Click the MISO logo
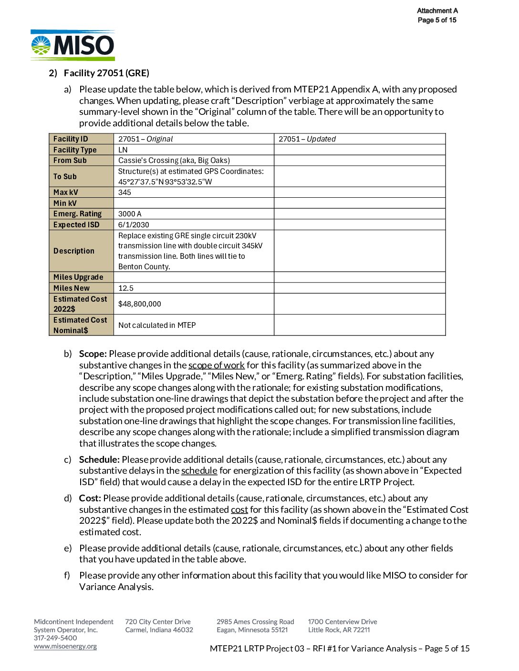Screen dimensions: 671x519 pos(73,46)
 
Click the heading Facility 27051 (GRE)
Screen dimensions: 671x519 pos(106,73)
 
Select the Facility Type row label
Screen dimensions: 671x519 pos(75,150)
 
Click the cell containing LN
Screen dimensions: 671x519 pos(123,150)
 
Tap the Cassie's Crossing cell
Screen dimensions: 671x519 pos(174,161)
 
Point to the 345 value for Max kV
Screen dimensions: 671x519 pos(125,193)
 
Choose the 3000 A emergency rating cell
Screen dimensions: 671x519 pos(130,214)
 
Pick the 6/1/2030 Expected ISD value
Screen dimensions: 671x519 pos(134,225)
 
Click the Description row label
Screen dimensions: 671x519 pos(74,251)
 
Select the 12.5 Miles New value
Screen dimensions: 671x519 pos(126,288)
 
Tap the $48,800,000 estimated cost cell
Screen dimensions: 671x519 pos(140,304)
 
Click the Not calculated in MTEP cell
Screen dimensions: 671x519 pos(157,325)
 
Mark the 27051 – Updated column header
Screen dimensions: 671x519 pos(307,139)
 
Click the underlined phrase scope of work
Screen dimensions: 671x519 pos(217,366)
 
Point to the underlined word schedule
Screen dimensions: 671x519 pos(199,471)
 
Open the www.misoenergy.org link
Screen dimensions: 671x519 pos(65,647)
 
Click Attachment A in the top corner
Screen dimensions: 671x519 pos(437,10)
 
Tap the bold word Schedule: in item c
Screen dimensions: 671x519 pos(99,460)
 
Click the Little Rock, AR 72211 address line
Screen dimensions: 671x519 pos(339,630)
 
